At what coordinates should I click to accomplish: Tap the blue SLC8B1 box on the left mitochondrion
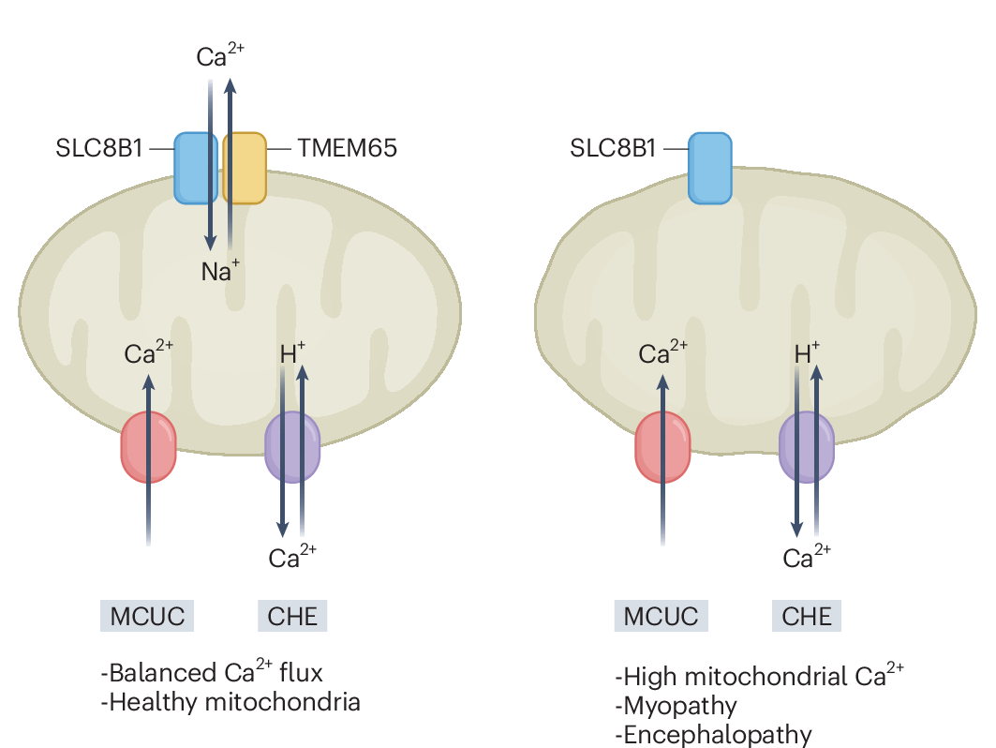pos(197,168)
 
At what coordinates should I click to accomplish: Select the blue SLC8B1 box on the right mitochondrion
pos(710,168)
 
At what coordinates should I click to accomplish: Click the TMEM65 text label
pos(347,148)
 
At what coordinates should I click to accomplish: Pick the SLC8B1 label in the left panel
pos(98,148)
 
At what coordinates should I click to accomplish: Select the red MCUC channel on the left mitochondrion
pos(148,447)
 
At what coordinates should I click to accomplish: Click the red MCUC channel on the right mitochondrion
pos(662,447)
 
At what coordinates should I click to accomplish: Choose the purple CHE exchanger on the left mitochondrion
pos(292,447)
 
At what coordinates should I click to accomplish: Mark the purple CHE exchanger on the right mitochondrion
pos(807,447)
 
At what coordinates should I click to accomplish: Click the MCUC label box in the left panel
pos(147,616)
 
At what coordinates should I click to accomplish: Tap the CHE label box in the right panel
pos(807,616)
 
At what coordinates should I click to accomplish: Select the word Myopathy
pos(680,705)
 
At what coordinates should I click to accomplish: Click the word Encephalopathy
pos(718,734)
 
